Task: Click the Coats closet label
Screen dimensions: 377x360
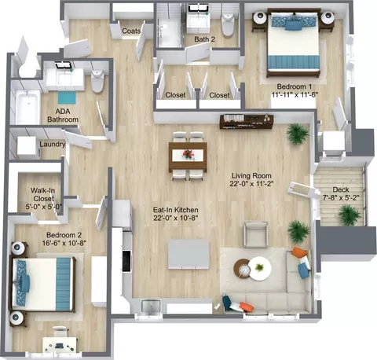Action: tap(131, 31)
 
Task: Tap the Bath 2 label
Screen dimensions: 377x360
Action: tap(205, 39)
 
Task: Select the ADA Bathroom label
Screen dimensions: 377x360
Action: tap(63, 116)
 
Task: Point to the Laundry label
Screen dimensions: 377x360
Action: tap(53, 144)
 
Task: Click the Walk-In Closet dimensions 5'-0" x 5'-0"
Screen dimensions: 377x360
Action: tap(44, 207)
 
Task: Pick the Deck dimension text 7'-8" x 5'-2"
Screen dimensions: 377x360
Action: tap(341, 197)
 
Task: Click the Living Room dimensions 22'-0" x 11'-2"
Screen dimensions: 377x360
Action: tap(251, 184)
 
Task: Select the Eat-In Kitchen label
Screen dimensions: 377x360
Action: tap(175, 210)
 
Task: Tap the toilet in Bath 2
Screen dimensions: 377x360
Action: tap(228, 24)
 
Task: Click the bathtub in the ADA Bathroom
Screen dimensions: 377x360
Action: tap(27, 107)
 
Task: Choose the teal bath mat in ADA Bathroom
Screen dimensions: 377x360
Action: tap(67, 98)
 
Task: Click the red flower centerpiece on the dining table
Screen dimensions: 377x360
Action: tap(188, 153)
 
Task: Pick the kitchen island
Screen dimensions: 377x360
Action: tap(188, 254)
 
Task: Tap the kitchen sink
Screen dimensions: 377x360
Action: tap(151, 306)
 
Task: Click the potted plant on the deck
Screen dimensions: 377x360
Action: tap(350, 215)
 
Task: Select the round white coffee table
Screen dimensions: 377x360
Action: tap(259, 269)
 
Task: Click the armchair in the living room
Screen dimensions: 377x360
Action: tap(255, 234)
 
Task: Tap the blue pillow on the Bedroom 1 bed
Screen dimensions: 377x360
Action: tap(293, 26)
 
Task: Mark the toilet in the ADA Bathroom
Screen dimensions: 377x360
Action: tap(97, 81)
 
